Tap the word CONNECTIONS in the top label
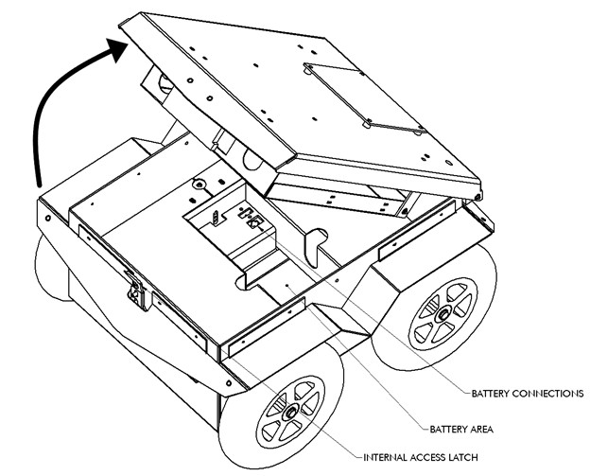point(551,392)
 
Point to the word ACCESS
point(436,459)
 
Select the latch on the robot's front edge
point(136,291)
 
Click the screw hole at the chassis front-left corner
point(44,217)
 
